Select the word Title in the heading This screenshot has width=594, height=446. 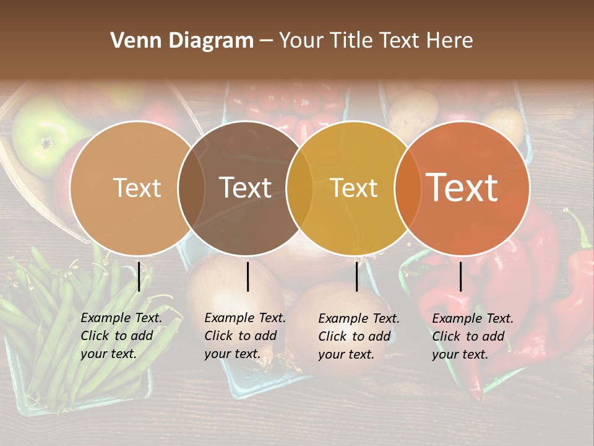(x=354, y=41)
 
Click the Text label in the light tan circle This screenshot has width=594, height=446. (x=137, y=188)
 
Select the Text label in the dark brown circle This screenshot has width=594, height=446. (x=246, y=188)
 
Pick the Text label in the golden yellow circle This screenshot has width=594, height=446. (x=354, y=188)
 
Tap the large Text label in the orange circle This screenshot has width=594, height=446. (x=462, y=187)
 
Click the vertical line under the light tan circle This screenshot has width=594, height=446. (x=139, y=276)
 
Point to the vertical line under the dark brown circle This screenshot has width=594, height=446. (x=247, y=276)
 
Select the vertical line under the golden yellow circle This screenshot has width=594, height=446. (x=356, y=276)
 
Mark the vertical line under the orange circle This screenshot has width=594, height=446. (x=460, y=276)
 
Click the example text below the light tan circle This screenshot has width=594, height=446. (x=121, y=336)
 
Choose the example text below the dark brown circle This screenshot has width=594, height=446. (x=245, y=336)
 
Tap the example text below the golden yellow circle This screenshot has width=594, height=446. (x=359, y=336)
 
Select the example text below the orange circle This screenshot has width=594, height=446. (x=473, y=336)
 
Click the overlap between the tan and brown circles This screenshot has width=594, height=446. (x=191, y=188)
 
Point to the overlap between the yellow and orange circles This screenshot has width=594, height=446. (x=408, y=188)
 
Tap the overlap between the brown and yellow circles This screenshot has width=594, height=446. (x=299, y=188)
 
